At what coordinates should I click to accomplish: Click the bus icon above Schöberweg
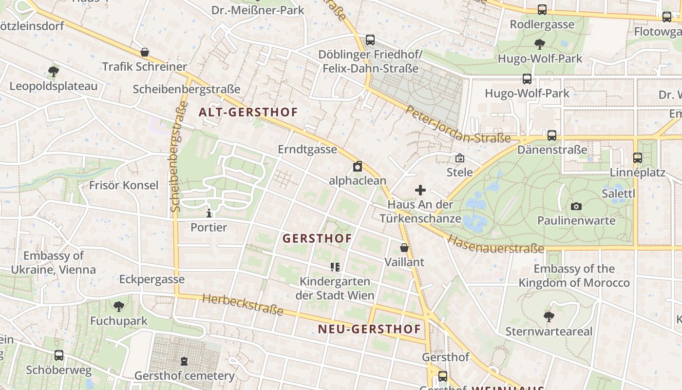[x=59, y=355]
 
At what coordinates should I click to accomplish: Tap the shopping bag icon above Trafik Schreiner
[x=144, y=52]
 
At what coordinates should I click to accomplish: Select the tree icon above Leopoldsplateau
[x=54, y=72]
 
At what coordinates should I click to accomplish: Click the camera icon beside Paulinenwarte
[x=576, y=206]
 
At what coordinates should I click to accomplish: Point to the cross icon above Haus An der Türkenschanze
[x=420, y=190]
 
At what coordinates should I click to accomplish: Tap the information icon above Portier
[x=209, y=213]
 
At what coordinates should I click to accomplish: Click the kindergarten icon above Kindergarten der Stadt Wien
[x=335, y=267]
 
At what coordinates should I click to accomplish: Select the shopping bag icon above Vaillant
[x=404, y=248]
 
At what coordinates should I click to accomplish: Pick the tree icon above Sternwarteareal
[x=549, y=317]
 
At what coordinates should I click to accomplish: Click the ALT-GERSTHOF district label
[x=248, y=112]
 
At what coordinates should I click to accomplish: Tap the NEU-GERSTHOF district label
[x=369, y=329]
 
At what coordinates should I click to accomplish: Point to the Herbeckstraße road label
[x=242, y=304]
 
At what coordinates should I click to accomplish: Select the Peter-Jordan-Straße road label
[x=457, y=125]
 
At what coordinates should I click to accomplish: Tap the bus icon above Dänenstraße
[x=551, y=136]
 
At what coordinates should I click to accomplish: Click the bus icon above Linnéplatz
[x=637, y=158]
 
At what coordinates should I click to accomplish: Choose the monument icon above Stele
[x=459, y=158]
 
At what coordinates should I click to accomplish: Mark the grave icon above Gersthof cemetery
[x=184, y=361]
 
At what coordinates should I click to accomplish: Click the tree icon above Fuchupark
[x=118, y=307]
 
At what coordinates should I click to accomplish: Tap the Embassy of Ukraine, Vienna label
[x=54, y=263]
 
